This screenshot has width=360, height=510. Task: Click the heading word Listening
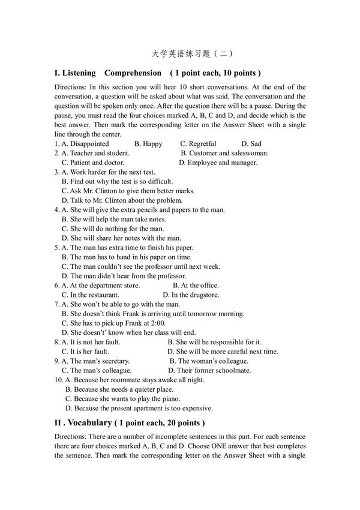(x=79, y=73)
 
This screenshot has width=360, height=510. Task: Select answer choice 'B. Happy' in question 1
(x=148, y=144)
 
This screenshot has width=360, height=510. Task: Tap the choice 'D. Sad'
(x=251, y=144)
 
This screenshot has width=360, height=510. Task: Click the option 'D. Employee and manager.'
(x=218, y=163)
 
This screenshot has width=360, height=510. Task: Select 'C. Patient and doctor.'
(x=93, y=163)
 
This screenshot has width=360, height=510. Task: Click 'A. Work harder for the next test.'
(x=109, y=172)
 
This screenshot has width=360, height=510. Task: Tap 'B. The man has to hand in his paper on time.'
(x=127, y=257)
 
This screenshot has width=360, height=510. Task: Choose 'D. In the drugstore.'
(x=191, y=295)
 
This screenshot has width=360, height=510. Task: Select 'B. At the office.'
(x=196, y=286)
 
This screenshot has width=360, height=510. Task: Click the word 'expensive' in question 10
(x=197, y=408)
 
